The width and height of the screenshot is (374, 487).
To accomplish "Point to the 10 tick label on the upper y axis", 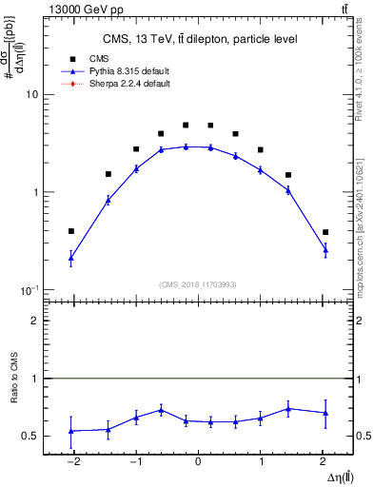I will point(30,95).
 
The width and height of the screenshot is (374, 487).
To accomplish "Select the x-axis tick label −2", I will point(71,462).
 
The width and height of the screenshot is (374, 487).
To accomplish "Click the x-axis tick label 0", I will point(197,462).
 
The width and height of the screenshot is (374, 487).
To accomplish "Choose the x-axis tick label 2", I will point(325,462).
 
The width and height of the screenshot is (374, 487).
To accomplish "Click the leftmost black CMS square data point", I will point(71,231).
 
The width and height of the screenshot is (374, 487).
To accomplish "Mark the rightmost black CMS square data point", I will point(325,232).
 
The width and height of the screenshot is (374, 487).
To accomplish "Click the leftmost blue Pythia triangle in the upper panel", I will point(71,258).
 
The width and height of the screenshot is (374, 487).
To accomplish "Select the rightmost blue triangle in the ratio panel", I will point(325,413).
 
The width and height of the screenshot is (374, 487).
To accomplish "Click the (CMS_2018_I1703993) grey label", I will point(197,282).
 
